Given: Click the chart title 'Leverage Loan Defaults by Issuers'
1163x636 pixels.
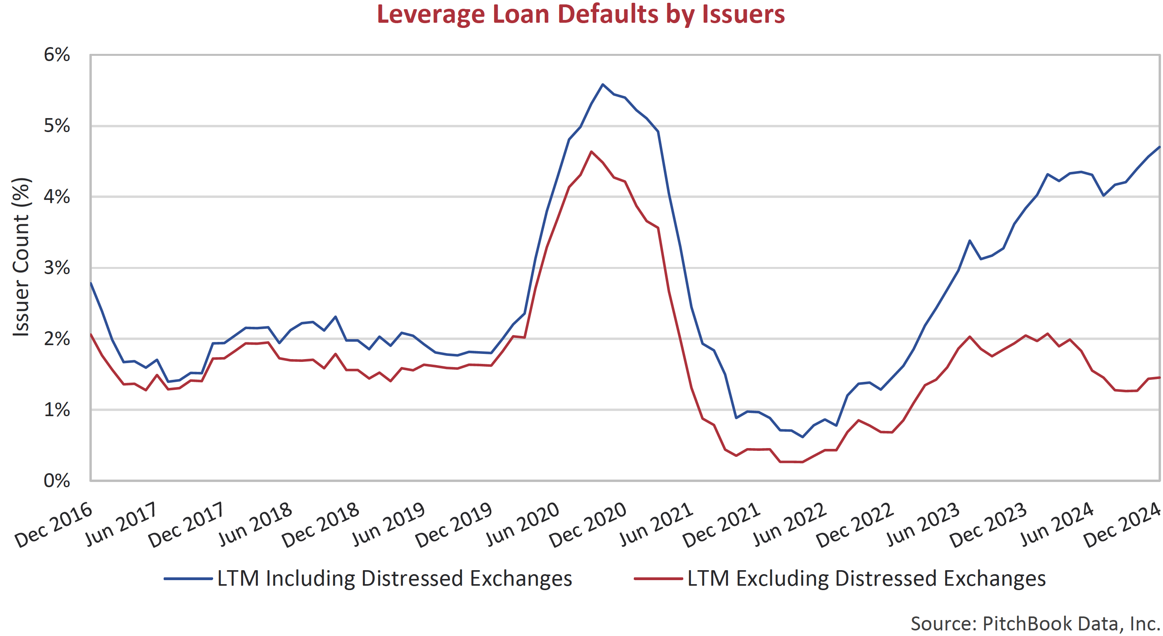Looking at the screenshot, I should coord(581,14).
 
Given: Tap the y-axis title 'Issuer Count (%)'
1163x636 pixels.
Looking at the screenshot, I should coord(21,257).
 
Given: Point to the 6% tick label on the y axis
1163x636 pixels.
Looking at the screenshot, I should coord(57,55).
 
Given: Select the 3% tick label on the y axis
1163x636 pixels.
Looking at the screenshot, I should coord(57,268).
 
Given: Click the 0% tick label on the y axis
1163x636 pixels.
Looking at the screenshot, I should coord(57,481).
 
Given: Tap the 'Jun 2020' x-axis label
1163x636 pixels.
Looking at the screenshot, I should coord(523,525).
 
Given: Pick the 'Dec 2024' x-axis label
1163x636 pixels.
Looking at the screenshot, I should coord(1122,525).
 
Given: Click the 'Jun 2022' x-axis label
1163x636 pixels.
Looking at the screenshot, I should coord(790,525).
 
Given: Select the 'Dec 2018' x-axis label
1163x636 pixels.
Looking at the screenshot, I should coord(321,525).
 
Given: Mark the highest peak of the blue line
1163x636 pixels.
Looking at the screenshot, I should coord(603,85).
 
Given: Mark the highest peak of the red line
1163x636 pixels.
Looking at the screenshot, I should coord(591,152).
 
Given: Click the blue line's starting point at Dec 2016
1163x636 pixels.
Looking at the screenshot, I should coord(91,283).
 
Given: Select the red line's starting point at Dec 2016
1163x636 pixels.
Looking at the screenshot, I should coord(91,334).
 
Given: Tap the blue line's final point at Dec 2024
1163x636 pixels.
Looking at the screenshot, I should coord(1159,147).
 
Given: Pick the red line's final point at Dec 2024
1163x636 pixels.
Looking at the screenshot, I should coord(1159,377).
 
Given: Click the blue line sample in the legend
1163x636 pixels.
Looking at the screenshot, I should coord(188,579).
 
